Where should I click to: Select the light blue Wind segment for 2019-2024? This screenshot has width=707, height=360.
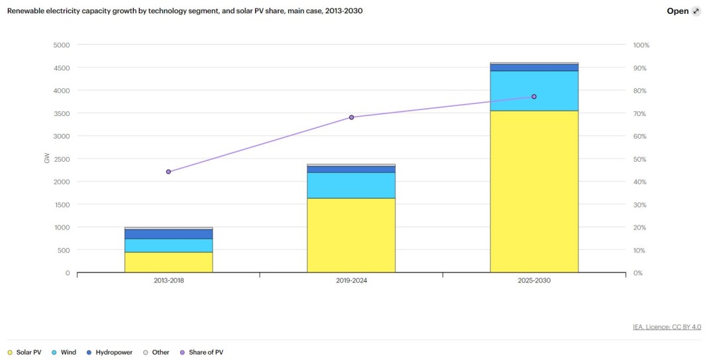coord(351,185)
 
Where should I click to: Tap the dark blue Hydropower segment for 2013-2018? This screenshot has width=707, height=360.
coord(168,234)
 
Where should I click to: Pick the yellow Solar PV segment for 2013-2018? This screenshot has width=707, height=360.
coord(168,262)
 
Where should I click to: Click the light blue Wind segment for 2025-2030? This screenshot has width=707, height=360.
coord(533,91)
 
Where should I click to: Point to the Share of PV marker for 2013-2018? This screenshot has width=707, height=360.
coord(168,172)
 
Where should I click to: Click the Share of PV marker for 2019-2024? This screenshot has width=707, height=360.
coord(351,117)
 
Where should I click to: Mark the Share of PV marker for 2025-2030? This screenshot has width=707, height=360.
coord(534,97)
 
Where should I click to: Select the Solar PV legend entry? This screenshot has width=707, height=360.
coord(25,352)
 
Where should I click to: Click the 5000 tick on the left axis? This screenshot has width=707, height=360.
coord(61,45)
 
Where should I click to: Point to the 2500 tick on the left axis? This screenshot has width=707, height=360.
coord(61,159)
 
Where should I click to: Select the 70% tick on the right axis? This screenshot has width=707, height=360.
coord(641,113)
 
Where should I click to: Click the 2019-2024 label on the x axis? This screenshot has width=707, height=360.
coord(351,280)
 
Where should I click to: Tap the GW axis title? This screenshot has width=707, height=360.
coord(47,159)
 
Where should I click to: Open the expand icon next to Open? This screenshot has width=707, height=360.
coord(696,11)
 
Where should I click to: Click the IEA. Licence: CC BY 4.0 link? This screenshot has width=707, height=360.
coord(667,327)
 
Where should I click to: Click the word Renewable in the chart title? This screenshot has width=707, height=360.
coord(27,11)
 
